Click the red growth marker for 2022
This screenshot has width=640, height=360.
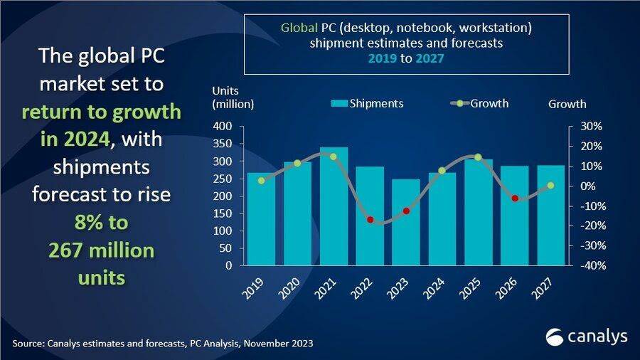pos(370,220)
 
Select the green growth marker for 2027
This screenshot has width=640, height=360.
pos(550,186)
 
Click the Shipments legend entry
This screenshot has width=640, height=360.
pos(368,104)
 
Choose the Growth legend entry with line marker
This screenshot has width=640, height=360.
pos(480,104)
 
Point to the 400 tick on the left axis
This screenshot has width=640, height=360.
pos(224,127)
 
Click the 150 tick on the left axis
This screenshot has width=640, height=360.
pos(224,213)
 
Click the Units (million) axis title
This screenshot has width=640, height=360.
pos(233,97)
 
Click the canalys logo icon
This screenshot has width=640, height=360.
pos(555,336)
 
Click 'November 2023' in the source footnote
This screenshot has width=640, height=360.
pos(277,344)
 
